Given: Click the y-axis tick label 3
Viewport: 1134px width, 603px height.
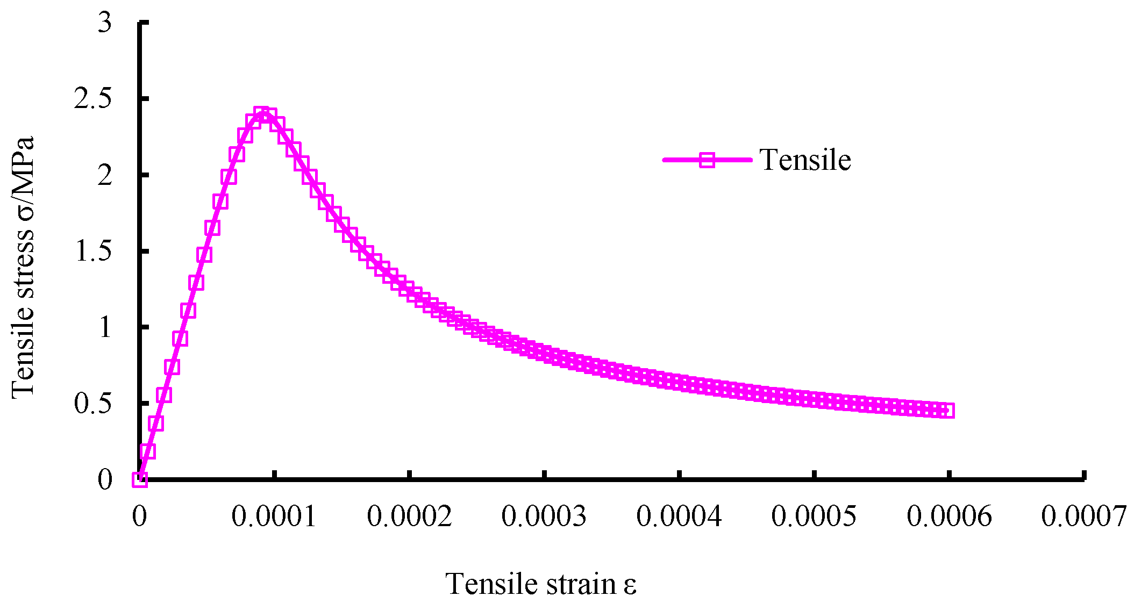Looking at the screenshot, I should point(105,23).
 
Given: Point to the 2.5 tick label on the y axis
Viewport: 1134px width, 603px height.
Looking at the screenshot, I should point(92,99).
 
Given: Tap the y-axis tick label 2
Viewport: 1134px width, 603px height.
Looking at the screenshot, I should point(105,175).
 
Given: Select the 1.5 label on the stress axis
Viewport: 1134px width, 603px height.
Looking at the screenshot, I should point(92,252).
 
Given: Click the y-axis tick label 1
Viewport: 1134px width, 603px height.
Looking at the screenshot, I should point(105,327).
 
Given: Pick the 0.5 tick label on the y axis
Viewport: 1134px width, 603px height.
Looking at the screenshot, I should point(92,404).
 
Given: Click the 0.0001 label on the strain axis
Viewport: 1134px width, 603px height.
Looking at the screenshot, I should point(274,517).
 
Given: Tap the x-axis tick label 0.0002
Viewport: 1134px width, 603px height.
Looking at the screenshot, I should point(409,517).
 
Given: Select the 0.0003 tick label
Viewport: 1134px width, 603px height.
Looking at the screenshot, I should point(544,517).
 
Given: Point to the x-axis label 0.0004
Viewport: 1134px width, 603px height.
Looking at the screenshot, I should point(679,517).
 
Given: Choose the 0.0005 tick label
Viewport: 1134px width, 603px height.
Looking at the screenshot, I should point(814,517).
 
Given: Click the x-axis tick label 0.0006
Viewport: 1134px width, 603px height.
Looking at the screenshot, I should point(949,517).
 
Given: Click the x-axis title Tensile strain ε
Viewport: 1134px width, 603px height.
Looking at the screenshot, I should point(541,584).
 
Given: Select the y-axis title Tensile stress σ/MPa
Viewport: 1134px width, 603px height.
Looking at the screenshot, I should point(23,267).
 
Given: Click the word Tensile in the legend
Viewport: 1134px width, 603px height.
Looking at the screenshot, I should point(805,160).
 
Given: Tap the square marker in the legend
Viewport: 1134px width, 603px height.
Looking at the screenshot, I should point(707,160).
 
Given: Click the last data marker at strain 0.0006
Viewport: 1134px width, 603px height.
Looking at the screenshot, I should point(948,411).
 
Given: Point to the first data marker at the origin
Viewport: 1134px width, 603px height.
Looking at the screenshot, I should point(140,479).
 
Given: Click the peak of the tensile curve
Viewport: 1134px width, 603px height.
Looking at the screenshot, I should point(262,114).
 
